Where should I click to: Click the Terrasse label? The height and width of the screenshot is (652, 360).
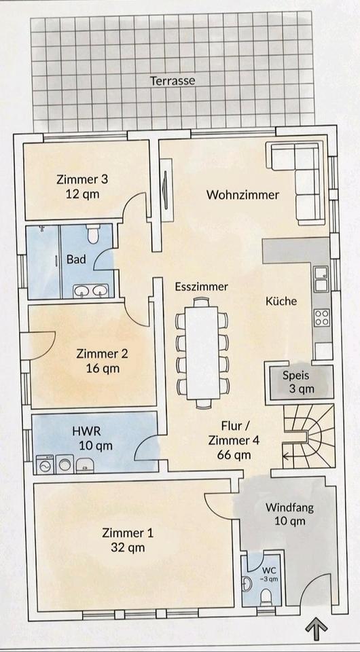tap(172, 80)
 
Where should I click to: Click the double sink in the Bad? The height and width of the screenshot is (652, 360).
tap(91, 291)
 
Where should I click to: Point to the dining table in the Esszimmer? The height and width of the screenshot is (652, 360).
tap(202, 352)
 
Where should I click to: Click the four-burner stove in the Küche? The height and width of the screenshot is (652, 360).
tap(322, 318)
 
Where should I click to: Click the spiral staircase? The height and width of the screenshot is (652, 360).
tap(308, 437)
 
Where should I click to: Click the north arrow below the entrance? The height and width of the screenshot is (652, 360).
tap(317, 631)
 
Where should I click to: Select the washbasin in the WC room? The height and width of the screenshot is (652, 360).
tap(247, 584)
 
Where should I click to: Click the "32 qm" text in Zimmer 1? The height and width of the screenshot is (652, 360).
tap(128, 547)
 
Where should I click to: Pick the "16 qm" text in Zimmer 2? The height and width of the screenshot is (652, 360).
tap(103, 368)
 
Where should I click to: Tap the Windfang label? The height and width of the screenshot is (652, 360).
tap(289, 508)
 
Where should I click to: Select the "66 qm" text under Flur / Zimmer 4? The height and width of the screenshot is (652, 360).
tap(234, 454)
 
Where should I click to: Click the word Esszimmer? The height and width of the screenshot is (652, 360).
tap(201, 287)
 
